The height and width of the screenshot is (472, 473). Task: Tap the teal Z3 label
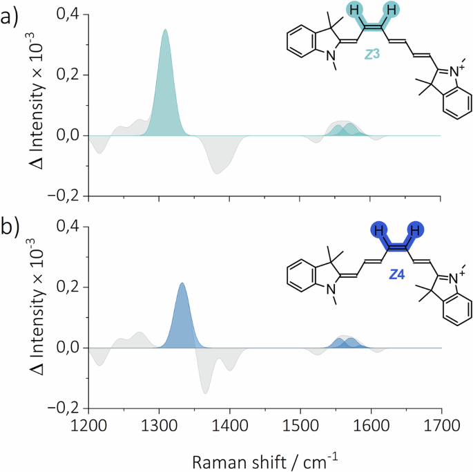point(374,52)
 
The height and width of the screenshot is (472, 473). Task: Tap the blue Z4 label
point(396,275)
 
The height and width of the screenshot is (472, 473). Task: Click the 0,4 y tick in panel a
point(70,15)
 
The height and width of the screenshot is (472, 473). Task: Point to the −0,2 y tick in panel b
point(66,408)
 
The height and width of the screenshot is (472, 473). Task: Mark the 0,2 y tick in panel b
point(70,287)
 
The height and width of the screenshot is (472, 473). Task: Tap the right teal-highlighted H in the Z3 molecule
point(392,10)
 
